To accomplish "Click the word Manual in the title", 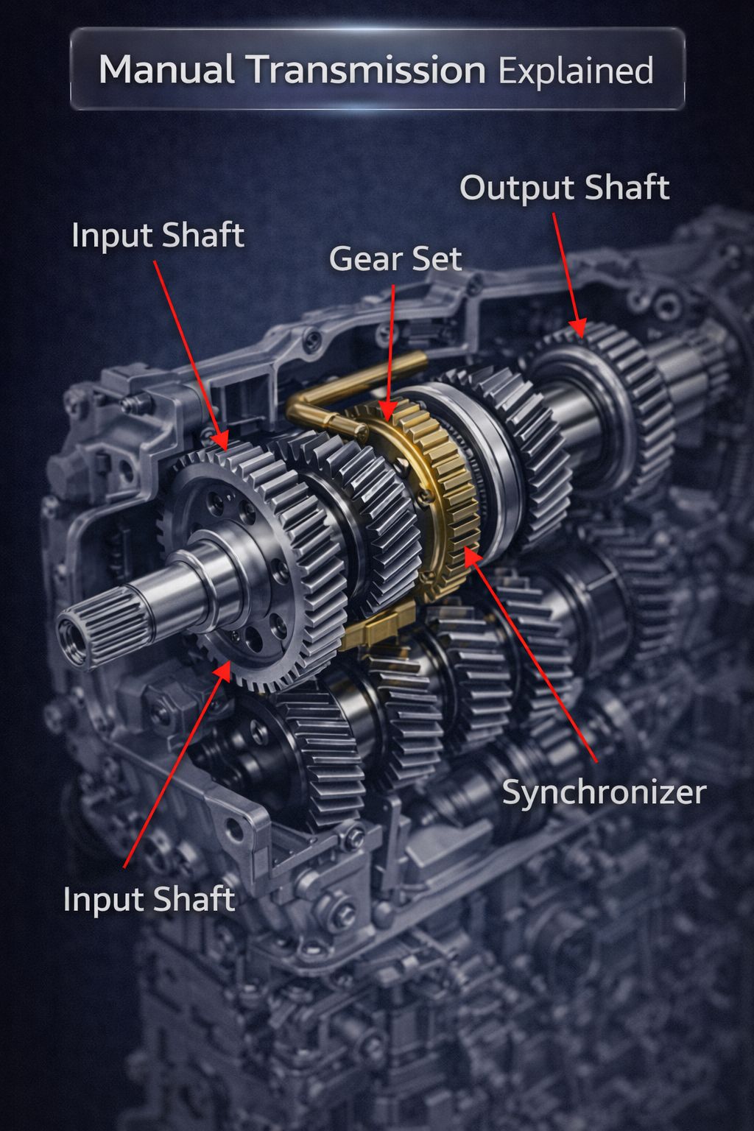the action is pyautogui.click(x=166, y=69).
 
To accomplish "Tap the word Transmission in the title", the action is pyautogui.click(x=367, y=69).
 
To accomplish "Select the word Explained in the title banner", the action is pyautogui.click(x=577, y=71).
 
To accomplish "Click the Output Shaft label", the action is pyautogui.click(x=565, y=187).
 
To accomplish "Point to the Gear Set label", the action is pyautogui.click(x=395, y=258).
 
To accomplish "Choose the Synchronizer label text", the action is pyautogui.click(x=604, y=792).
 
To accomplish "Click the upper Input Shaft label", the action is pyautogui.click(x=158, y=235).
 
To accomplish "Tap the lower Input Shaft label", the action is pyautogui.click(x=149, y=899).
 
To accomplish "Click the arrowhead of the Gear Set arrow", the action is pyautogui.click(x=387, y=412).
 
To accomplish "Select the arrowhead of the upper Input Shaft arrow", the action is pyautogui.click(x=222, y=440).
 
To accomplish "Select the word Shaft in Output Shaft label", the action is pyautogui.click(x=628, y=187).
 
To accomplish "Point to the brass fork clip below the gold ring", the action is pyautogui.click(x=378, y=625).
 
